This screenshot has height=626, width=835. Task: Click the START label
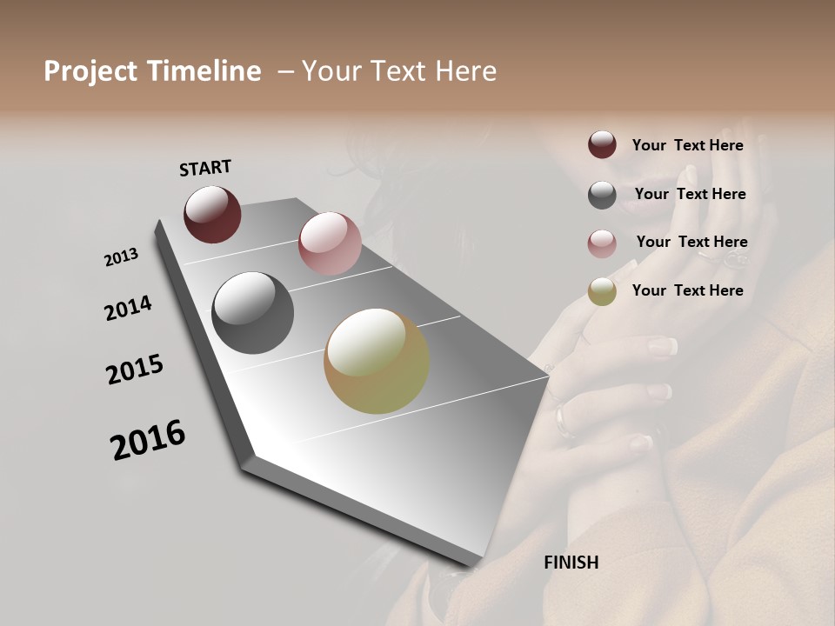[205, 168]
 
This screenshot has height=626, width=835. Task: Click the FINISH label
[571, 563]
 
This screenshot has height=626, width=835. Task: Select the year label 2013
[122, 257]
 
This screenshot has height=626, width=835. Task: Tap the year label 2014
[128, 308]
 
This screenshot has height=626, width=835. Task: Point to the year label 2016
[148, 439]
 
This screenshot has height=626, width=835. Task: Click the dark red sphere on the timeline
[212, 214]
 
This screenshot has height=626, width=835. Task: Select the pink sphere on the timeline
[330, 243]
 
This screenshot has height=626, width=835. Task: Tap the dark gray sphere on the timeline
[252, 313]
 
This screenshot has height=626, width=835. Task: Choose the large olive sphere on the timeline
[377, 361]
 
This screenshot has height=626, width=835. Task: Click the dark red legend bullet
[602, 145]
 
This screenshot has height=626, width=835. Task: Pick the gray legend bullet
[602, 195]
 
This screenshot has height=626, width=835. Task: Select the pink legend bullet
[602, 243]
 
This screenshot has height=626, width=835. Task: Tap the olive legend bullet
[602, 291]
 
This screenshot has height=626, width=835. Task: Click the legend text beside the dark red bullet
[687, 145]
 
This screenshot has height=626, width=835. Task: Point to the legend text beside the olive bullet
[687, 290]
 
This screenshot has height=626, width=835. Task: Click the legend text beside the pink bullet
[691, 242]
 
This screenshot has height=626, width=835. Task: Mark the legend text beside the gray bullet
[690, 194]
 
